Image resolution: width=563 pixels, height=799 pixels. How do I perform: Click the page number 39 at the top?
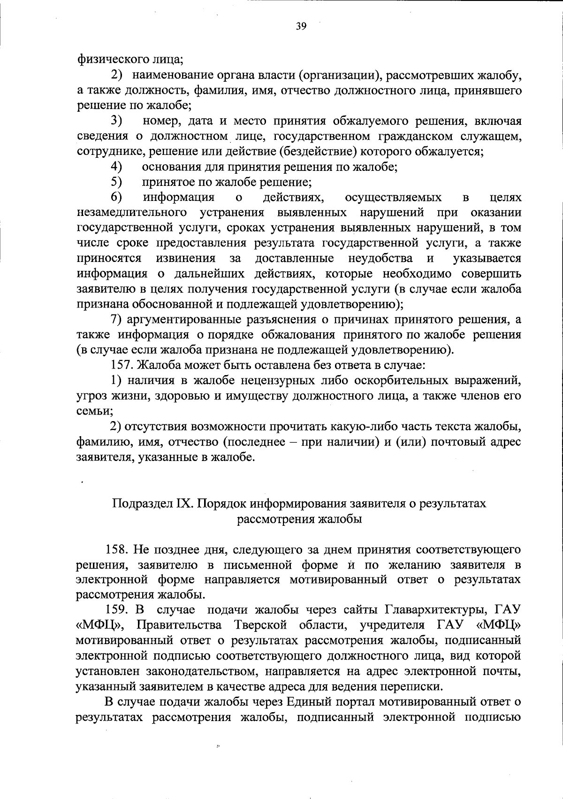pos(301,27)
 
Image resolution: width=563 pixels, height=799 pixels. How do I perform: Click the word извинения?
pos(186,258)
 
